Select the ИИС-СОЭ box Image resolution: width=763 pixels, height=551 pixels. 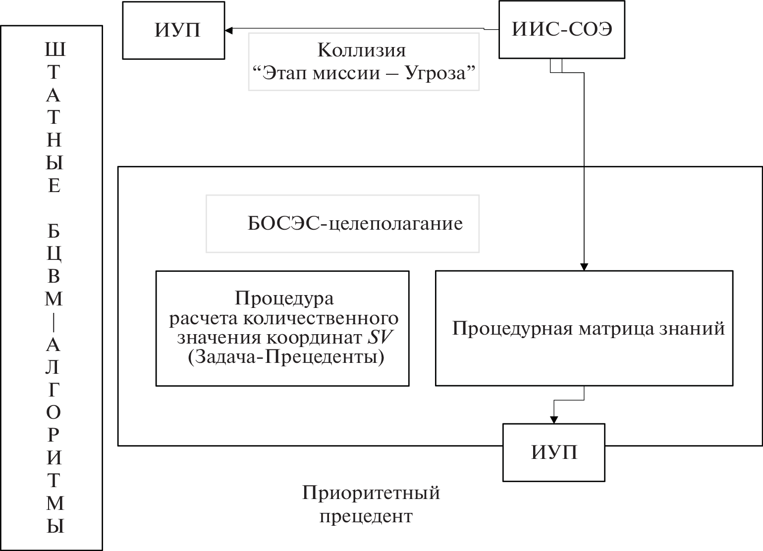[562, 30]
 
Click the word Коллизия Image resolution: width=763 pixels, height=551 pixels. [361, 50]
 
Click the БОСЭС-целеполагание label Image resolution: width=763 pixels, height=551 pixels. [355, 224]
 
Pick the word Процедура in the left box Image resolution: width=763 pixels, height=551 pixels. [284, 299]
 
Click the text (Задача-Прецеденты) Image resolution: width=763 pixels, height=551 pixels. [286, 357]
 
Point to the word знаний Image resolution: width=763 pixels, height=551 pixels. [699, 329]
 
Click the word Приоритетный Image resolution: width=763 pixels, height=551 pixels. [371, 493]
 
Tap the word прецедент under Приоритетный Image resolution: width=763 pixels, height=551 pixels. [366, 516]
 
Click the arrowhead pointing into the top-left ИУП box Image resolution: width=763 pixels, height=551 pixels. [228, 30]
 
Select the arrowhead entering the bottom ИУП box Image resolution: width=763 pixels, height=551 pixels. [554, 419]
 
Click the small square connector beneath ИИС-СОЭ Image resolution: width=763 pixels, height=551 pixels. [556, 66]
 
